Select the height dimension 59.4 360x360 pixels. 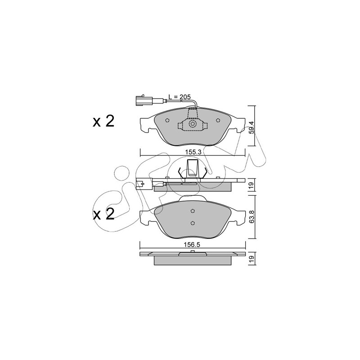[252, 127]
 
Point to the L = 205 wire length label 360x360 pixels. [180, 97]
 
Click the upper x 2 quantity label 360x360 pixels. [103, 121]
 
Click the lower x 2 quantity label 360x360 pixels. [103, 214]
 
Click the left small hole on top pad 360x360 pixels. [167, 120]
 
